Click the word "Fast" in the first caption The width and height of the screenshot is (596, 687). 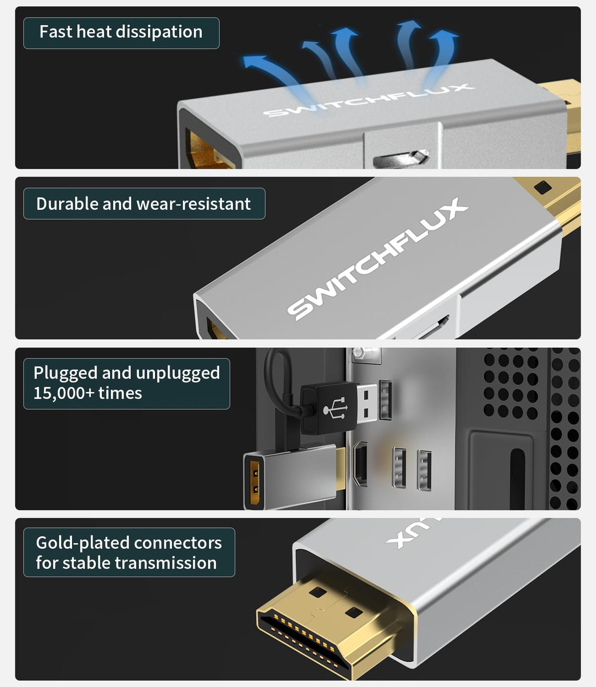pos(56,32)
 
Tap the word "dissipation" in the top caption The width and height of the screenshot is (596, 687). pos(159,32)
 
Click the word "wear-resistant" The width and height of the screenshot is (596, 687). pos(193,204)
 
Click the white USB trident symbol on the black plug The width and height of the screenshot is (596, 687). pos(335,408)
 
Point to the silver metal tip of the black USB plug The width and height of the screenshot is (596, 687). pos(367,403)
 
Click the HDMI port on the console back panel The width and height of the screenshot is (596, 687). pos(360,464)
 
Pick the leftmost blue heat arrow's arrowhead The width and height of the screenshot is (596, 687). pos(255,62)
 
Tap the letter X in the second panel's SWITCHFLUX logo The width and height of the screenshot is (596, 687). pos(454,209)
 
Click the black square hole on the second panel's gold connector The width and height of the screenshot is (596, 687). pos(542,187)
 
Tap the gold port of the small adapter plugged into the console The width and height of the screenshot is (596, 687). pos(255,478)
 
